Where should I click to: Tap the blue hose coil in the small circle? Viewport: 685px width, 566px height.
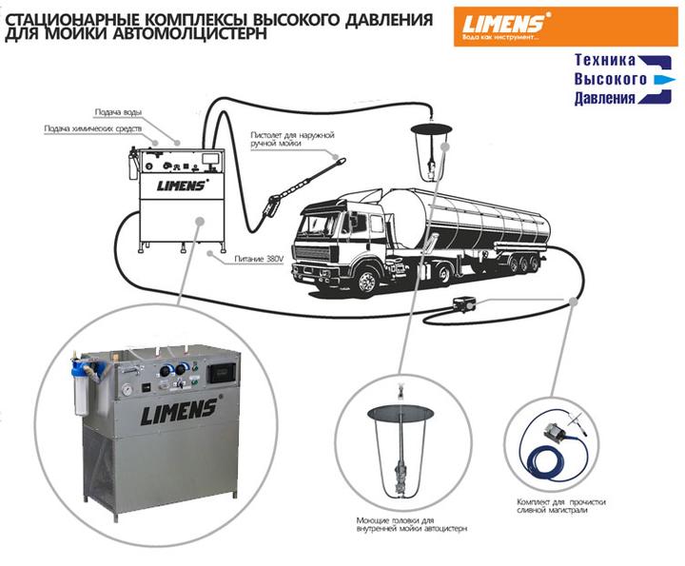tap(553, 457)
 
